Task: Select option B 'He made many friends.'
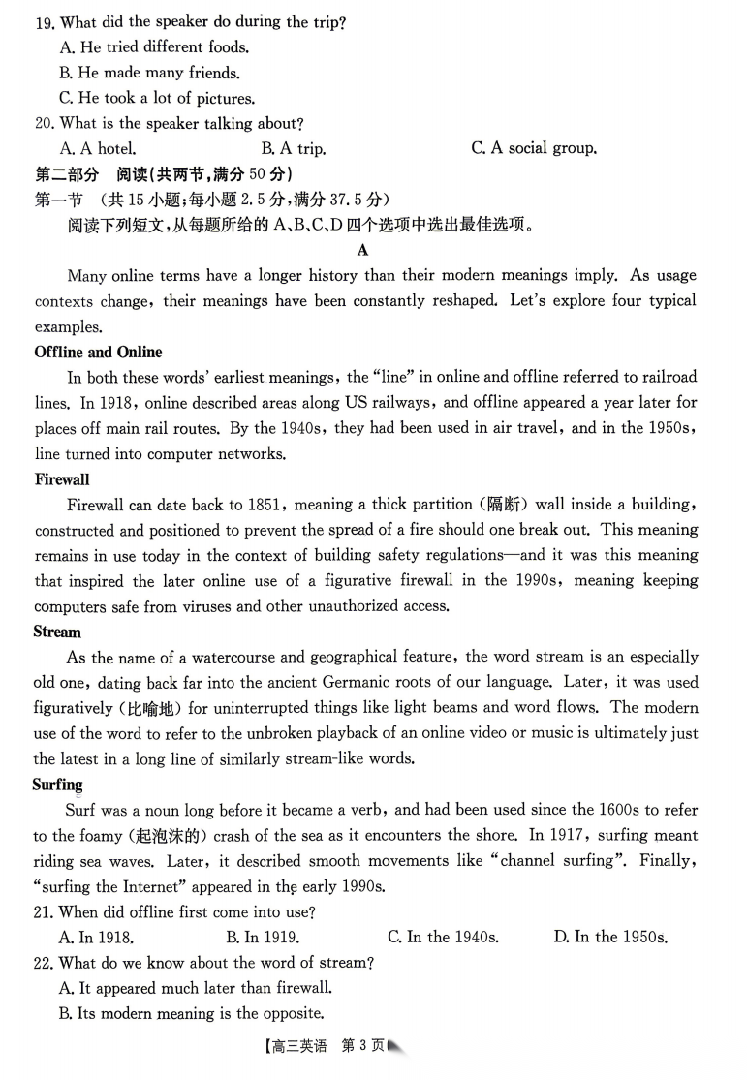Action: point(149,73)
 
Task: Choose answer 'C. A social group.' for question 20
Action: point(533,148)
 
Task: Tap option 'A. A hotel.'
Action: point(98,148)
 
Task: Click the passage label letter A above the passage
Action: point(363,250)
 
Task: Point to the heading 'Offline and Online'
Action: point(98,352)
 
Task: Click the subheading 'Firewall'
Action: point(62,479)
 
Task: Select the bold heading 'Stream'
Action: point(57,632)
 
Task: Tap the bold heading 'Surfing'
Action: point(58,785)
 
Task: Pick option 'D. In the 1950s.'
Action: point(610,937)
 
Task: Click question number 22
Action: point(44,963)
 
